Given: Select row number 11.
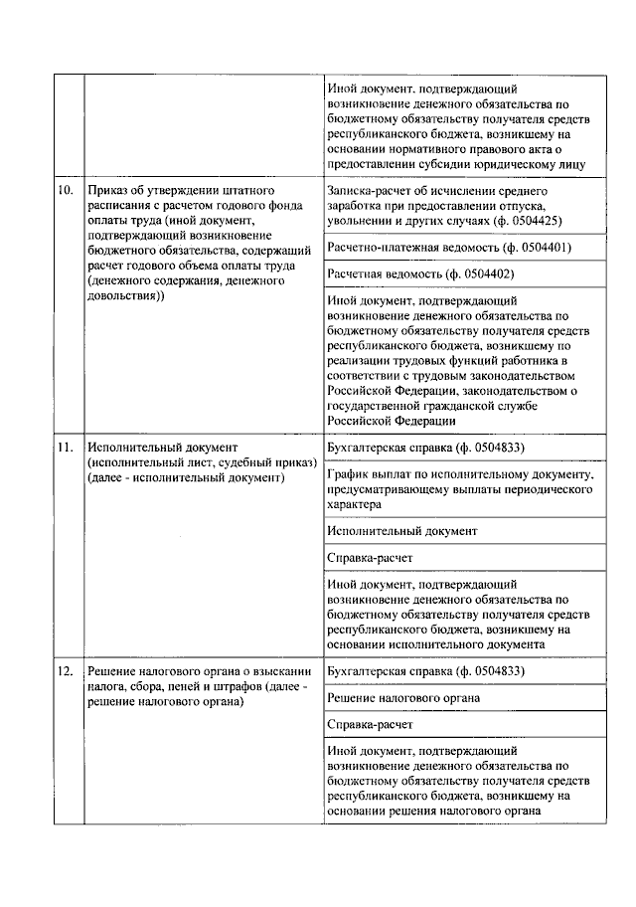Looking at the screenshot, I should [65, 448].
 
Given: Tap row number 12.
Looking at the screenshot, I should [65, 672].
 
